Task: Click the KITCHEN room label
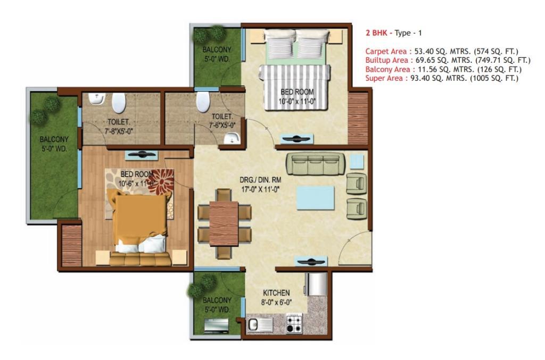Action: [x=276, y=292]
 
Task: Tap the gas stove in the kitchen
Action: [x=294, y=323]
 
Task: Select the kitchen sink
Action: [x=260, y=325]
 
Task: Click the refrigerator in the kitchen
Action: [x=316, y=284]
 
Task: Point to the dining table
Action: [x=224, y=223]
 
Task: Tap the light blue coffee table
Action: [x=315, y=198]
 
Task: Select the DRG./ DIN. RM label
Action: [x=260, y=180]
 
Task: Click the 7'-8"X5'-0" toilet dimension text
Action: [x=119, y=131]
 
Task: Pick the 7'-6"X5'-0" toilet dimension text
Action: [x=222, y=125]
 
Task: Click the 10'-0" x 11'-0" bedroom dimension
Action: [x=297, y=102]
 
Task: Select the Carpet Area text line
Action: [x=442, y=52]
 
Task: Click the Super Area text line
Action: [x=442, y=78]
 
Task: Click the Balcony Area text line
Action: [x=443, y=69]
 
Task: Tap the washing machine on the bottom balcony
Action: [x=216, y=326]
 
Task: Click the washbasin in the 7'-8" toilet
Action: [x=96, y=99]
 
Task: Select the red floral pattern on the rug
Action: [x=161, y=181]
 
